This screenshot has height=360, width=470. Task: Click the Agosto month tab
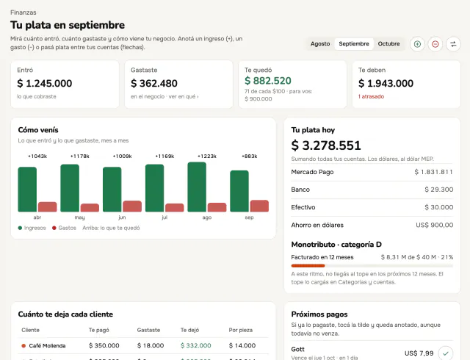[x=320, y=44]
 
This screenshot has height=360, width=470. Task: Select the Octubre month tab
[x=388, y=44]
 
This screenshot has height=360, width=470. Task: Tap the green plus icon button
[x=417, y=44]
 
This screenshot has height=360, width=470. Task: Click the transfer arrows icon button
[x=453, y=44]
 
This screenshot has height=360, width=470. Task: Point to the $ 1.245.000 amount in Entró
[x=45, y=84]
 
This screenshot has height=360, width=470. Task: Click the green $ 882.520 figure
[x=268, y=81]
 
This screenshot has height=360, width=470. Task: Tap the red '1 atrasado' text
[x=371, y=96]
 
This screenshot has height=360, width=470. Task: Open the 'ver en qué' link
[x=184, y=96]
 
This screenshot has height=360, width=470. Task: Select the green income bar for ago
[x=197, y=187]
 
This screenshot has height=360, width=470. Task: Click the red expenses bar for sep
[x=259, y=206]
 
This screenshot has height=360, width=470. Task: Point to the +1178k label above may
[x=80, y=156]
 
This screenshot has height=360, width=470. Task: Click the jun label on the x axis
[x=122, y=217]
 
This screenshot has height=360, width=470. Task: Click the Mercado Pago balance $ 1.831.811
[x=433, y=172]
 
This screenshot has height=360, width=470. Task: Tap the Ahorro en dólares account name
[x=317, y=225]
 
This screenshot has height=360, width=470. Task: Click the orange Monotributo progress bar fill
[x=308, y=265]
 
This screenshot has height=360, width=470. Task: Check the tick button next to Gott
[x=446, y=353]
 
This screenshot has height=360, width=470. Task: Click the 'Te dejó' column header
[x=189, y=330]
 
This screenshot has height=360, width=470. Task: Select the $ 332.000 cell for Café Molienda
[x=196, y=345]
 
